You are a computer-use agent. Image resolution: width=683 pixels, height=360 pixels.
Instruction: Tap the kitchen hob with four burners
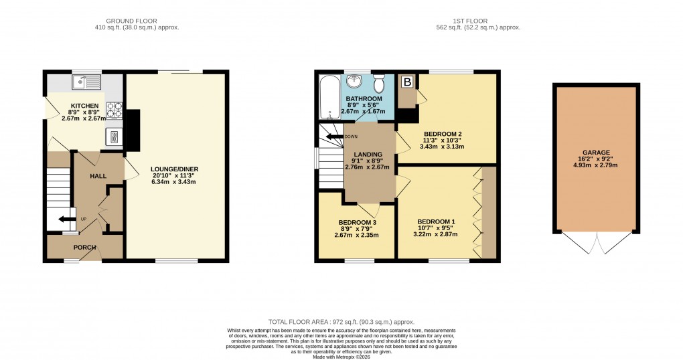tap(113, 109)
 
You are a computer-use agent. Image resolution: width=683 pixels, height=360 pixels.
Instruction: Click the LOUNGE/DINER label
tap(175, 169)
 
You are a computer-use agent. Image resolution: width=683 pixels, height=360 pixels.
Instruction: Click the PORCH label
tap(84, 248)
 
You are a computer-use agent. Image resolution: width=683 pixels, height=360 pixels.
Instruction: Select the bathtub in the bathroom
tap(329, 96)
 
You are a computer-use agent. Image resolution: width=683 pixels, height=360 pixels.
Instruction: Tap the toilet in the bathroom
tap(379, 84)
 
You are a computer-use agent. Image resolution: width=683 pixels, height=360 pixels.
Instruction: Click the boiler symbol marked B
tap(406, 82)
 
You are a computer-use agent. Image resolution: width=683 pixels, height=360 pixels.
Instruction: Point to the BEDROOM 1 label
tap(436, 221)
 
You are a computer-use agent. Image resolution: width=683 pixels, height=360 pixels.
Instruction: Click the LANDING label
tap(368, 155)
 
